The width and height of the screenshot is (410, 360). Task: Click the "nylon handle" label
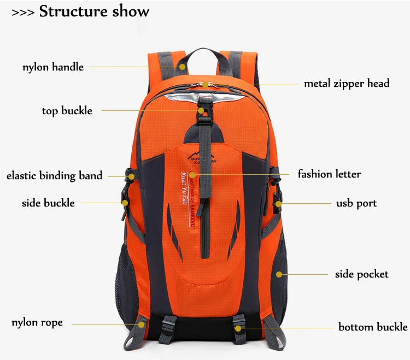click(x=53, y=67)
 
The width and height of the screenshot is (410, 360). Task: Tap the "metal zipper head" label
click(x=347, y=84)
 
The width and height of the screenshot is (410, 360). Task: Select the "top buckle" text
click(x=67, y=111)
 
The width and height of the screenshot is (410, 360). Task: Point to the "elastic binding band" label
click(x=54, y=176)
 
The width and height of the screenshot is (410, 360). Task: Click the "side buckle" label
click(x=48, y=203)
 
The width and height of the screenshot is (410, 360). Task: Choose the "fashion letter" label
click(x=329, y=174)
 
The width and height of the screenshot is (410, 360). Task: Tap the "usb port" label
click(x=356, y=203)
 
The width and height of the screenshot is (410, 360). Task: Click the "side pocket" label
click(x=361, y=274)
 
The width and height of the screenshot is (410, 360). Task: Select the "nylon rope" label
click(x=37, y=322)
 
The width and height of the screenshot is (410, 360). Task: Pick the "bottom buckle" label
click(x=373, y=327)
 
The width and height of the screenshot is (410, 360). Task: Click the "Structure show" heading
click(x=94, y=12)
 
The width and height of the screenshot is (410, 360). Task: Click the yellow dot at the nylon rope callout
click(x=141, y=324)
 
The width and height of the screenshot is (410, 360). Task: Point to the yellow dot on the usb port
click(x=278, y=203)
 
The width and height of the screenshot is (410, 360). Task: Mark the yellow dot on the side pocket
click(x=279, y=274)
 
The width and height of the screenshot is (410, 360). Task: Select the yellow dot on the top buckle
click(x=201, y=110)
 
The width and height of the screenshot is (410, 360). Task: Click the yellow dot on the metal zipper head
click(x=205, y=84)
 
